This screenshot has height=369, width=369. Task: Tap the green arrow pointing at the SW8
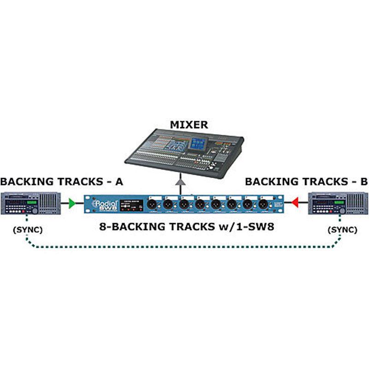click(71, 203)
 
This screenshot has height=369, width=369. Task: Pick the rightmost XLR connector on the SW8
click(263, 203)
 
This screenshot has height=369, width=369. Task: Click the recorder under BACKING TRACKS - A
click(31, 203)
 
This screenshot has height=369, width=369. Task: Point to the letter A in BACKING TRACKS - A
click(119, 181)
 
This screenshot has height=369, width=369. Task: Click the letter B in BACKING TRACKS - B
click(363, 181)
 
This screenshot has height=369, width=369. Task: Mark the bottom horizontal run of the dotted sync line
click(184, 247)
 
